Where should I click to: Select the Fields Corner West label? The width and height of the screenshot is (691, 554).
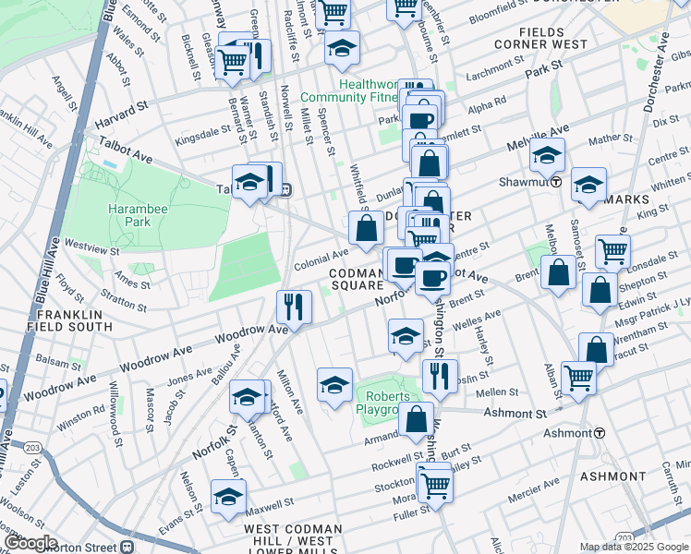pyautogui.click(x=553, y=37)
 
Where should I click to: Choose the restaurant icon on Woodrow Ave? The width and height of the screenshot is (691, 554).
pyautogui.click(x=294, y=307)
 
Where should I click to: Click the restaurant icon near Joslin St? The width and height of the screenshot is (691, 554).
pyautogui.click(x=440, y=375)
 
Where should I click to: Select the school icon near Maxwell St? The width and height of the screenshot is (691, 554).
pyautogui.click(x=228, y=497)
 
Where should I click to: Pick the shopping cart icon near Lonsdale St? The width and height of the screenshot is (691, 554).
pyautogui.click(x=612, y=249)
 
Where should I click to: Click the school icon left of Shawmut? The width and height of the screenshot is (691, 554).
pyautogui.click(x=547, y=156)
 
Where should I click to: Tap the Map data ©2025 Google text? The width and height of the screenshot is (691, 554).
pyautogui.click(x=634, y=547)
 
